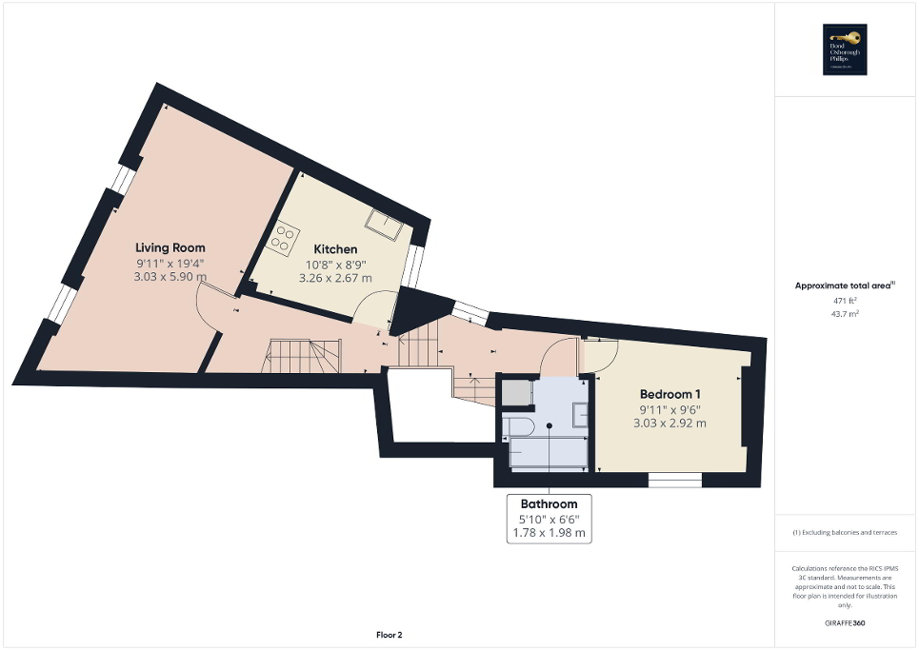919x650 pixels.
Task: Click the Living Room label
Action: click(170, 247)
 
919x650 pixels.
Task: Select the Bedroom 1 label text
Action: click(670, 394)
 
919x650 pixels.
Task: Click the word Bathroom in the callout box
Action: click(549, 503)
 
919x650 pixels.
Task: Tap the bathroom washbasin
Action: click(580, 413)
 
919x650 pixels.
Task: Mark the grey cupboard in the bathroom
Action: click(515, 393)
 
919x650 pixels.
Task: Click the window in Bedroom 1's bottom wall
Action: click(674, 480)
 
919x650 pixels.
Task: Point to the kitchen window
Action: click(412, 266)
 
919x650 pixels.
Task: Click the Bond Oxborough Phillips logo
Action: click(845, 49)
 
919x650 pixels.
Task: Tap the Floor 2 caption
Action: click(389, 635)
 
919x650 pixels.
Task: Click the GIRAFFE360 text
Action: click(845, 623)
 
